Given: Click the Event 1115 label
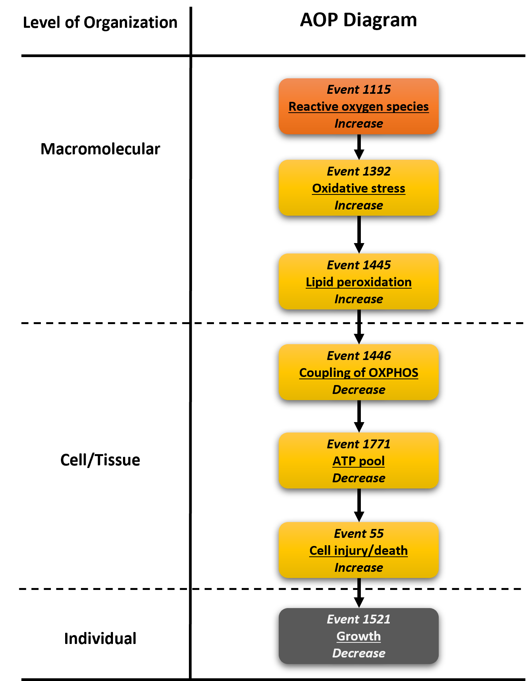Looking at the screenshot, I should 359,90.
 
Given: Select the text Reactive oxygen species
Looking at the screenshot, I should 359,106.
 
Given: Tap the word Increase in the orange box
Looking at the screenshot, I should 359,123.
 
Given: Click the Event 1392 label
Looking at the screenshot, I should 359,171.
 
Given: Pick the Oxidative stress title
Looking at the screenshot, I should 359,188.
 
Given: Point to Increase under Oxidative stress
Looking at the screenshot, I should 359,205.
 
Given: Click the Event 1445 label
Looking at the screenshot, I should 359,265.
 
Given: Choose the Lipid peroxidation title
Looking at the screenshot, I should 359,282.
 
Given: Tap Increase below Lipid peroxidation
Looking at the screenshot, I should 359,299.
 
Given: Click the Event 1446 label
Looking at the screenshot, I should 359,356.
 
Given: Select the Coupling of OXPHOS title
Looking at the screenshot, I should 359,373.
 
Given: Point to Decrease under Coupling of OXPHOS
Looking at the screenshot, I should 359,390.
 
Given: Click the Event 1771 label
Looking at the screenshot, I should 359,444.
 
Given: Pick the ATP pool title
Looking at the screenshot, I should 359,461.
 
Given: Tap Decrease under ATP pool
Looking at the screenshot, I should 359,478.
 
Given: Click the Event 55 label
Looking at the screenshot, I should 359,534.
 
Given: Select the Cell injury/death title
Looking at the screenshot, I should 359,551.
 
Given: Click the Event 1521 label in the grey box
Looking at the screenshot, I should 359,619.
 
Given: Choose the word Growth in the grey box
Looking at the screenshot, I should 359,636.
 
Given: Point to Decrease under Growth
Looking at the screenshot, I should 359,653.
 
